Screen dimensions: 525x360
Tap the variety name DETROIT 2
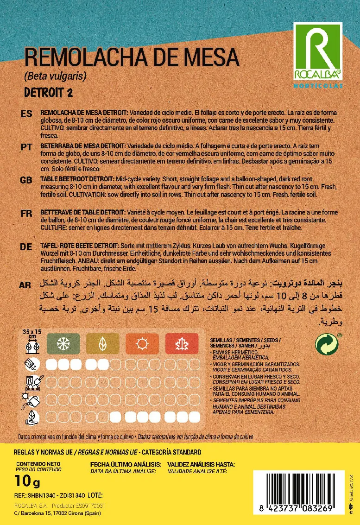click(x=48, y=92)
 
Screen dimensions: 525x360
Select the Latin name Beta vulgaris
click(x=55, y=76)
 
